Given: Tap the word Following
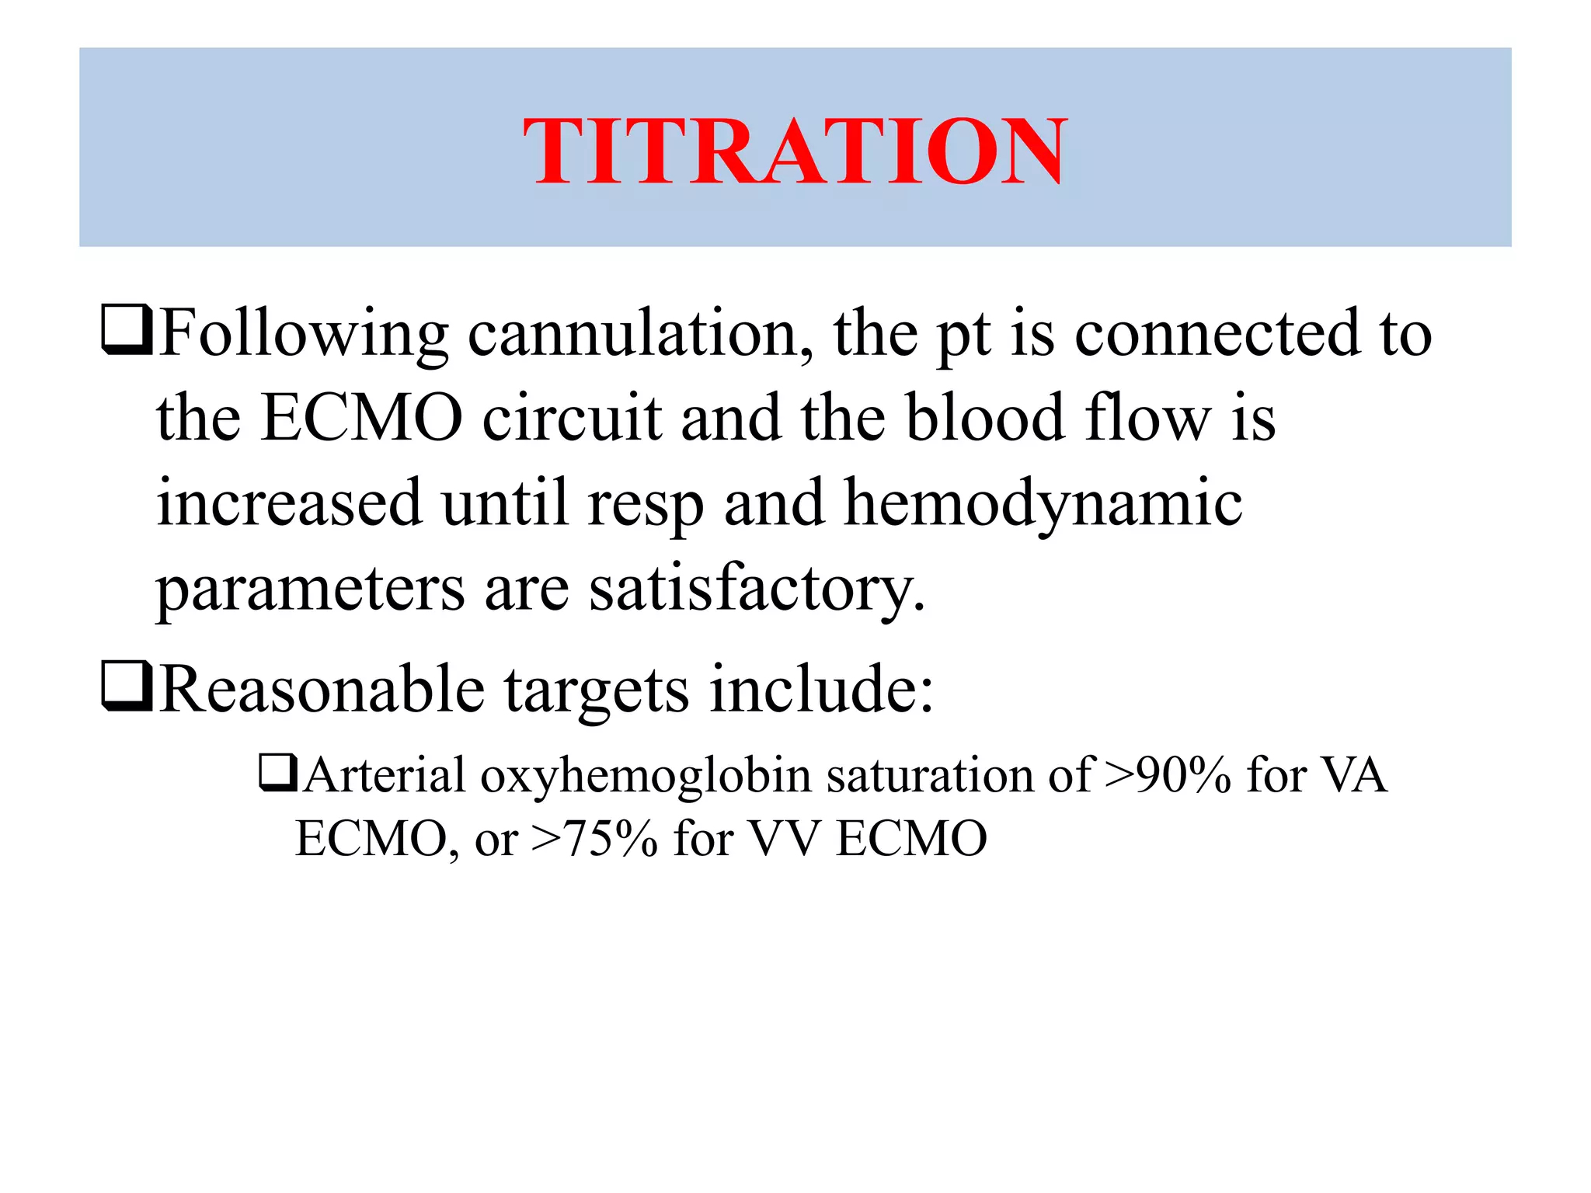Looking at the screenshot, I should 304,335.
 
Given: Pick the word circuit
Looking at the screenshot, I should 572,419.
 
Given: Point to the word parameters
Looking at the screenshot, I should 310,590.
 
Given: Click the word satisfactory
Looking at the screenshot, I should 757,590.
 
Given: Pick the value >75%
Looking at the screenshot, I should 594,839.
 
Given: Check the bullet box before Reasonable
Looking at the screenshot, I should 127,687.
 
